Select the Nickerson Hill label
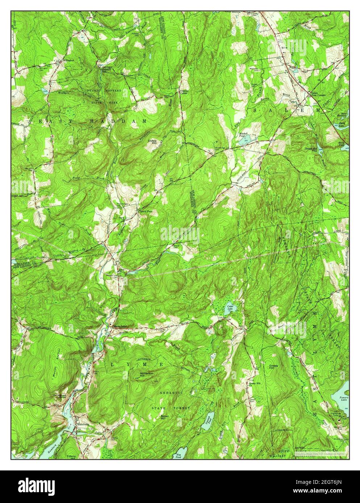pyautogui.click(x=146, y=374)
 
